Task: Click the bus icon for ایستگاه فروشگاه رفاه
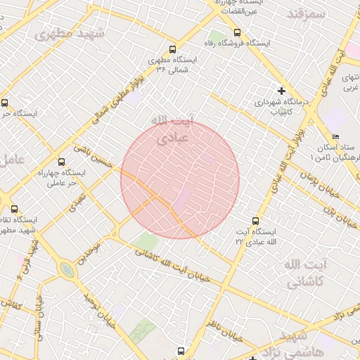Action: click(236, 32)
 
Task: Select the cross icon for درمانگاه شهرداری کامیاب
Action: click(282, 91)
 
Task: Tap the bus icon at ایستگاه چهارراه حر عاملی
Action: click(60, 161)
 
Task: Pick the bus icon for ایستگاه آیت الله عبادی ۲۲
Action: click(254, 219)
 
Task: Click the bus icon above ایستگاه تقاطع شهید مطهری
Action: click(14, 208)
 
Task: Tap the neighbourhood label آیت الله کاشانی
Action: click(305, 273)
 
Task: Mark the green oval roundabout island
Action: click(67, 270)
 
